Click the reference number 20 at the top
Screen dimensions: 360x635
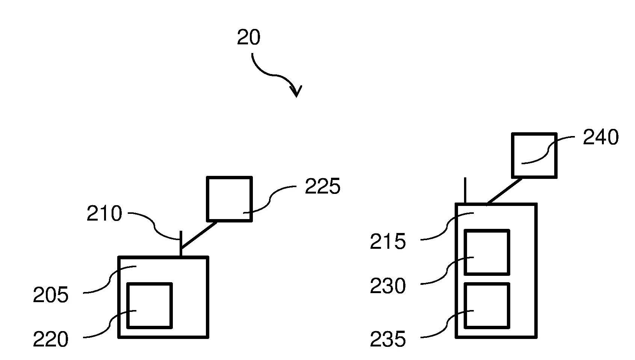248,38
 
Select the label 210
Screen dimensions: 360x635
104,214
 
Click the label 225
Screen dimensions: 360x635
322,186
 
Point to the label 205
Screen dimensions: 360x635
51,295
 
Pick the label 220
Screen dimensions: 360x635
51,340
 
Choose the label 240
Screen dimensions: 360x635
600,138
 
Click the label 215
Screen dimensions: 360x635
388,242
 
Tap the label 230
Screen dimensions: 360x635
388,286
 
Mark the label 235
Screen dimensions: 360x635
388,340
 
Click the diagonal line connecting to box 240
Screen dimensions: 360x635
505,192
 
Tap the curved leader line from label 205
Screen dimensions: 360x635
109,280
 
